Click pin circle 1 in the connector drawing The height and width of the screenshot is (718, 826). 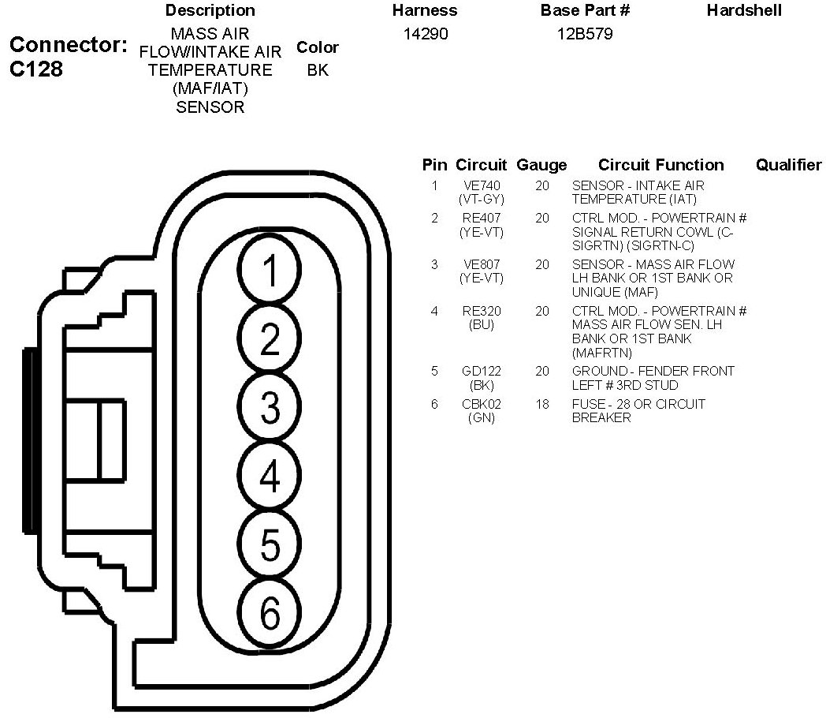tap(270, 270)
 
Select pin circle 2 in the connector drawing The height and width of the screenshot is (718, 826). tap(270, 338)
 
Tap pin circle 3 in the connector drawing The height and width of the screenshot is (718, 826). tap(270, 407)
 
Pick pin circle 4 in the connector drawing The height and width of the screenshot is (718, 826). tap(270, 476)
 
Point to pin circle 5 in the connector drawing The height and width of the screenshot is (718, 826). tap(270, 544)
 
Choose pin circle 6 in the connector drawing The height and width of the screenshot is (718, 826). tap(270, 613)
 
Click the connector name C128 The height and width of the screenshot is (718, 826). tap(36, 69)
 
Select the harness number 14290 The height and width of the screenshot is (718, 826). tap(425, 34)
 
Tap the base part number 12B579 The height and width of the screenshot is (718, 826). tap(585, 34)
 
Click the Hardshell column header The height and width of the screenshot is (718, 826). tap(744, 10)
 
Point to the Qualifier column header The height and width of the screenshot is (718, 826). tap(789, 165)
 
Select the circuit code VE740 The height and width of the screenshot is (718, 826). tap(482, 185)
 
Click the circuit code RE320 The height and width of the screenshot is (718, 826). tap(482, 311)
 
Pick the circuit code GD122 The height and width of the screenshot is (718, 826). tap(482, 371)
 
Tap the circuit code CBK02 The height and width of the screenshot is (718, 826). tap(482, 404)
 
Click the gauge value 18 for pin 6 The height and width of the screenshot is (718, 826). tap(542, 404)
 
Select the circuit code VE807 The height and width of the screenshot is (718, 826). tap(482, 264)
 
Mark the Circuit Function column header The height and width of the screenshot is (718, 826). tap(660, 165)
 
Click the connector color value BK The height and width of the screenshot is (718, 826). tap(318, 69)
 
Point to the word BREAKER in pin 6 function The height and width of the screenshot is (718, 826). tap(601, 418)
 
